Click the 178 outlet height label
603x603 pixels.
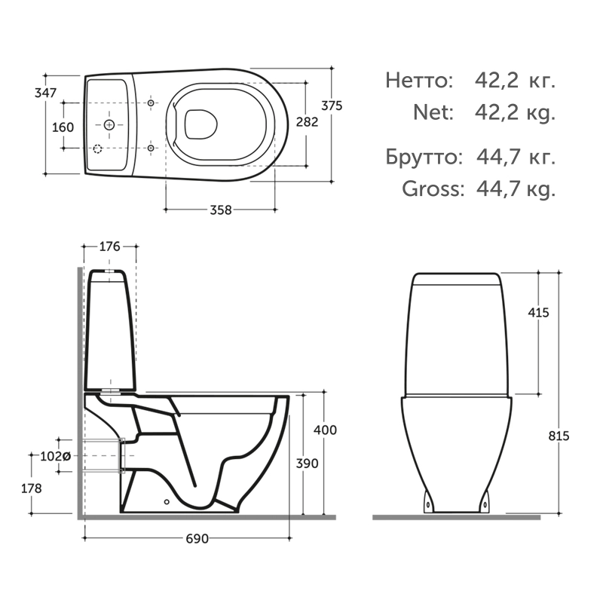pos(31,488)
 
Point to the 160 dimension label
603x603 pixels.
pos(63,127)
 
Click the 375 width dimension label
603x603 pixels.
pos(332,106)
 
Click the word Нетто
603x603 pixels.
pos(419,81)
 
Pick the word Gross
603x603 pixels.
pos(432,188)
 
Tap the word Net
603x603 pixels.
pos(433,112)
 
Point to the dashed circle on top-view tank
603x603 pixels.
pos(97,148)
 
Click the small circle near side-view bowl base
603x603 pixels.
pos(167,500)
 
